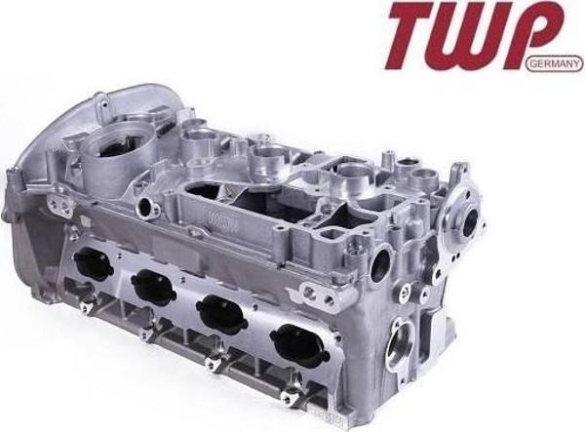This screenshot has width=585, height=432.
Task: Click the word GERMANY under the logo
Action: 554,64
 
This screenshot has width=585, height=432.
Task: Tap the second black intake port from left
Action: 153,287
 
